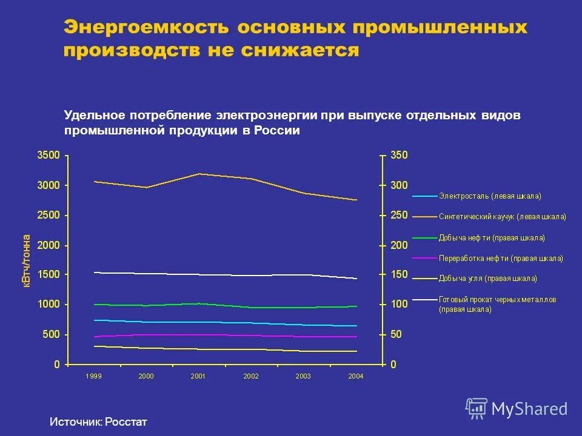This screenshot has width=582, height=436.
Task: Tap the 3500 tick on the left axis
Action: [x=48, y=155]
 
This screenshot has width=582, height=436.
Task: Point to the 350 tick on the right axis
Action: [x=399, y=155]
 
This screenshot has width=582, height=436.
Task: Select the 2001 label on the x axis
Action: [x=198, y=376]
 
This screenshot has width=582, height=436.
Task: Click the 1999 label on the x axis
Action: [x=93, y=376]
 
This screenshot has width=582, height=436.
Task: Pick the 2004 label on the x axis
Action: [x=356, y=376]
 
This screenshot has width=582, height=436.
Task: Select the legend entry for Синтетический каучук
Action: [x=502, y=217]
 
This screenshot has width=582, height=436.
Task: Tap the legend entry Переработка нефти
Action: [x=500, y=258]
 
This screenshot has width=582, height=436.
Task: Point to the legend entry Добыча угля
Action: [x=487, y=279]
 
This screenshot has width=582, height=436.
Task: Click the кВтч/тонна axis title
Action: [x=27, y=260]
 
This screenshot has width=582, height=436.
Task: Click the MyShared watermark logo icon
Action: [x=477, y=409]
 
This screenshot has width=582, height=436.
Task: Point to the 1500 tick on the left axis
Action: [x=48, y=274]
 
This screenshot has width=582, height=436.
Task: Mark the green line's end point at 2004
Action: [x=356, y=306]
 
